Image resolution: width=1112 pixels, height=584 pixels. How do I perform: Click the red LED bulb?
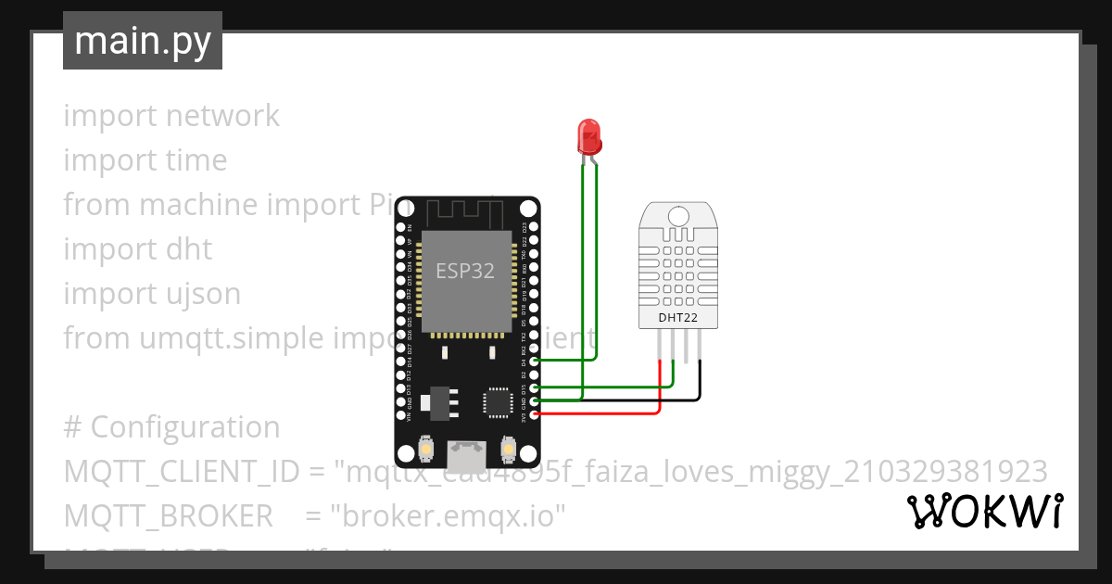[x=588, y=136]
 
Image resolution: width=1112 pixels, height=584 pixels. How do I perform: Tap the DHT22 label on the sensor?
[x=677, y=318]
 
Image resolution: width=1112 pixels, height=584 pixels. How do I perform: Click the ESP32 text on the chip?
[x=465, y=271]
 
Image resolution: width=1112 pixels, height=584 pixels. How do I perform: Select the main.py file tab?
[x=143, y=41]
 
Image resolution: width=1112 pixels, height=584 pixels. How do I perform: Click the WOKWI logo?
[x=984, y=512]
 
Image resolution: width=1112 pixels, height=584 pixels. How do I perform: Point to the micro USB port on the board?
[x=466, y=453]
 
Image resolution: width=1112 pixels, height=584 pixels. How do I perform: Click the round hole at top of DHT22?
[x=678, y=217]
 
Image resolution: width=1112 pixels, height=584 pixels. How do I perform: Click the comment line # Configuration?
[x=171, y=427]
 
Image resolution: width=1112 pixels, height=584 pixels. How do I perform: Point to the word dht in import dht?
[x=189, y=249]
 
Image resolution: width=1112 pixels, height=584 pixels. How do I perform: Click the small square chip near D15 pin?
[x=497, y=402]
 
